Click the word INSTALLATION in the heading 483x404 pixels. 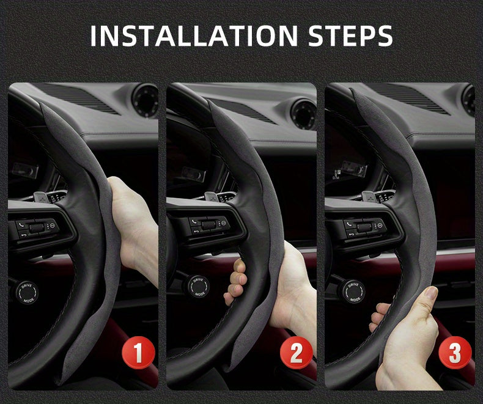coord(179,36)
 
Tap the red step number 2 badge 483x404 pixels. coord(295,353)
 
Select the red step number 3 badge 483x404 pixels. coord(455,353)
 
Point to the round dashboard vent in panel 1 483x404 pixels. coord(146,100)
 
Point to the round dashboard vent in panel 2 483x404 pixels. coord(303,114)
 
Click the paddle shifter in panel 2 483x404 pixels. coord(209,197)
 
